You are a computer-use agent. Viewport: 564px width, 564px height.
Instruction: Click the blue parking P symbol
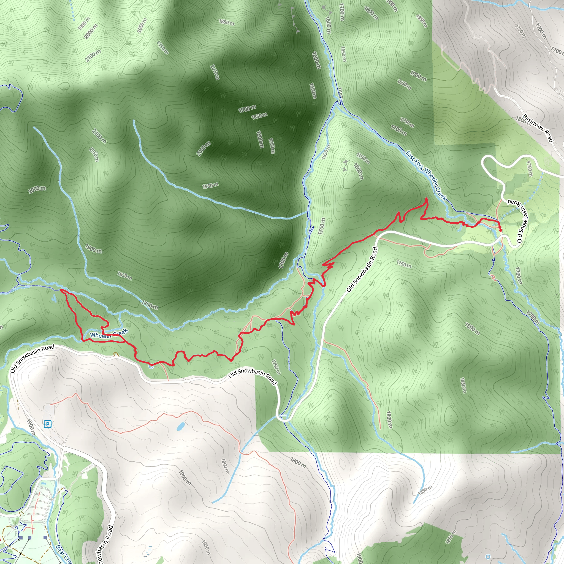tap(47, 424)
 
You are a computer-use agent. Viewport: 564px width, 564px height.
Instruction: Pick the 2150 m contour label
tap(162, 48)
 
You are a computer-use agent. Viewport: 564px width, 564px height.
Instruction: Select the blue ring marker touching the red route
tap(151, 366)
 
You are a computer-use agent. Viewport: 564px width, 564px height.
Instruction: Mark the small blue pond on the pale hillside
tap(180, 427)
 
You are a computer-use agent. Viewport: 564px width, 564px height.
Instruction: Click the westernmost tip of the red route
tap(60, 290)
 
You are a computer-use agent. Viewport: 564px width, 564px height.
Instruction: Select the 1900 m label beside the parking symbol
tap(30, 427)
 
